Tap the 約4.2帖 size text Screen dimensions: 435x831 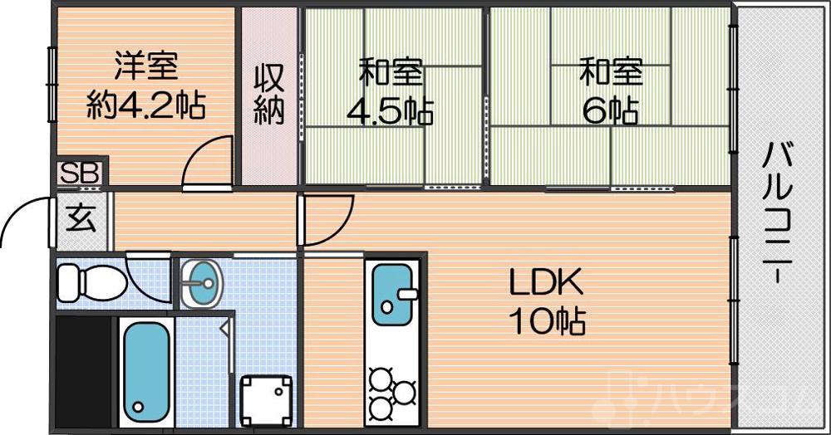click(x=146, y=105)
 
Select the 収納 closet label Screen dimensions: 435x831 click(x=269, y=93)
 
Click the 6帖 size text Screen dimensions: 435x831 click(x=611, y=110)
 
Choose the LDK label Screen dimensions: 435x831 click(x=546, y=284)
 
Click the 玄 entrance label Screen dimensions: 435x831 click(x=81, y=219)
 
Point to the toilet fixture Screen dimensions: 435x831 click(x=91, y=283)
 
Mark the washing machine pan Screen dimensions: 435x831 click(x=266, y=399)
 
